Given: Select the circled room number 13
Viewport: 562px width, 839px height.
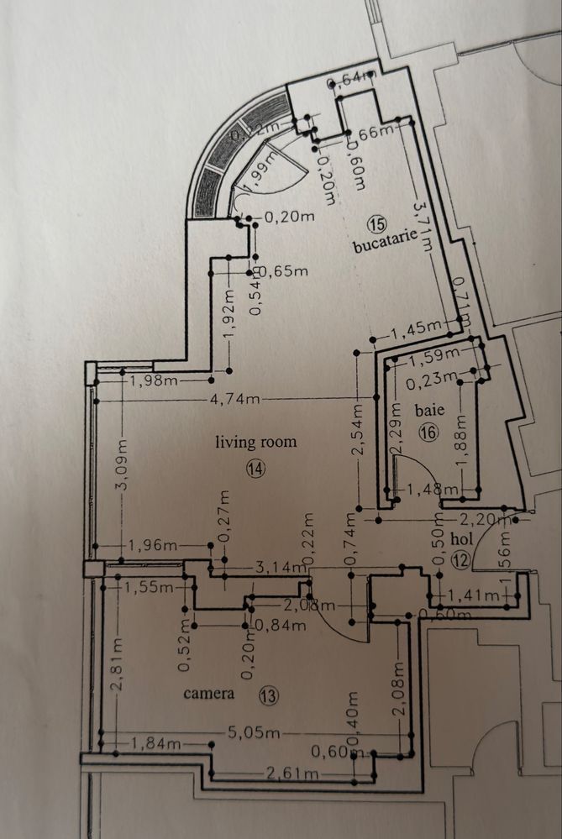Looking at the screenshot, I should click(x=268, y=695).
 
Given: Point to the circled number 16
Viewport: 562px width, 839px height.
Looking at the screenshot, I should click(x=428, y=433).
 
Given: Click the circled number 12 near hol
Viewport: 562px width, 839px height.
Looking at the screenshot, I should click(x=459, y=560).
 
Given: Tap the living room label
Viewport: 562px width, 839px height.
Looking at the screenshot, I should click(x=255, y=441).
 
